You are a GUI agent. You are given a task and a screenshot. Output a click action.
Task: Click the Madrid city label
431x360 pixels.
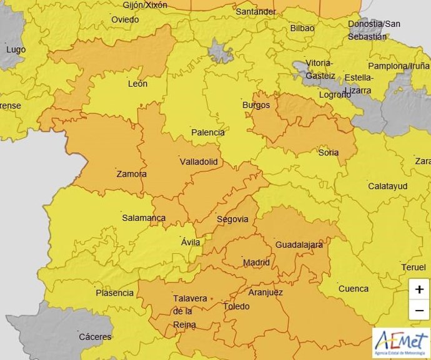coord(256,263)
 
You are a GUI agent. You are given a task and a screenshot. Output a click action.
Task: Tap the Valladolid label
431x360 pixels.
coord(199,162)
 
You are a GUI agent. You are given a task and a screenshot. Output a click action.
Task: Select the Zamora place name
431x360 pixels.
coord(131,174)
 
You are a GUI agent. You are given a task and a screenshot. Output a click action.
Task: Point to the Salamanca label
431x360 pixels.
coord(144,218)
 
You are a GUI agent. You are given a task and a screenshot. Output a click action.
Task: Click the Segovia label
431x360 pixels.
coord(232,219)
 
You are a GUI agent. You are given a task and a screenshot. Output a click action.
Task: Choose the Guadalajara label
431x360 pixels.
coord(299,245)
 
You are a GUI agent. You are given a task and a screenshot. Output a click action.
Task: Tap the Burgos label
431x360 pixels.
coord(256,105)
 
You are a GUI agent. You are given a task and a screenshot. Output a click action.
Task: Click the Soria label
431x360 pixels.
coord(329,152)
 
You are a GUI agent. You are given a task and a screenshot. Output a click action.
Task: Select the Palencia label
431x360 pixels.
coord(208,132)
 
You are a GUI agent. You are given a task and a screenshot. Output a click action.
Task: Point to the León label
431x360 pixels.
coord(137,84)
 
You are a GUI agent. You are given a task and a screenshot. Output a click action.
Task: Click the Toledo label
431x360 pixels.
coord(236,306)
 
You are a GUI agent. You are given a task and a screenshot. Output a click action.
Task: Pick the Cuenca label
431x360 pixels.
coord(353,289)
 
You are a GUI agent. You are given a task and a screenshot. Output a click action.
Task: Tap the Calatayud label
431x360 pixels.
coord(387,187)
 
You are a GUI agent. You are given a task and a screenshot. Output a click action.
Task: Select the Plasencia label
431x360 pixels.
coord(114,293)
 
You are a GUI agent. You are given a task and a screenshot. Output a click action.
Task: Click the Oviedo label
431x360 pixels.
coord(125,19)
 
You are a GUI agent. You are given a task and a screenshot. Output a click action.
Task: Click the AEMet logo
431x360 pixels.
coord(401,341)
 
